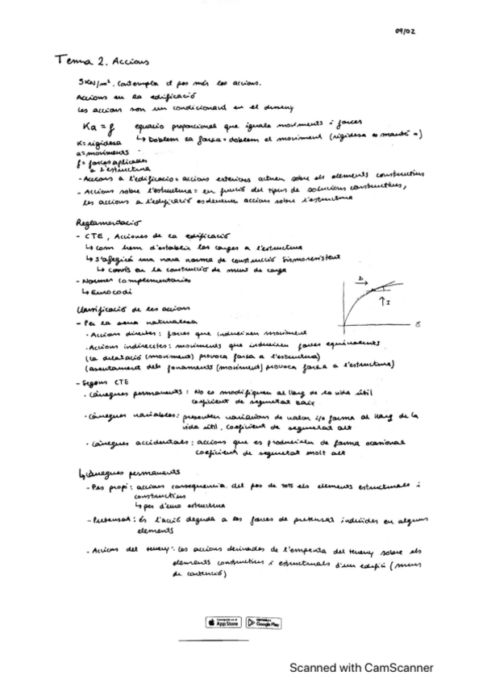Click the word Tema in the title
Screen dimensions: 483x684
click(71, 60)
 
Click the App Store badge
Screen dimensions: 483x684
click(223, 622)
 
